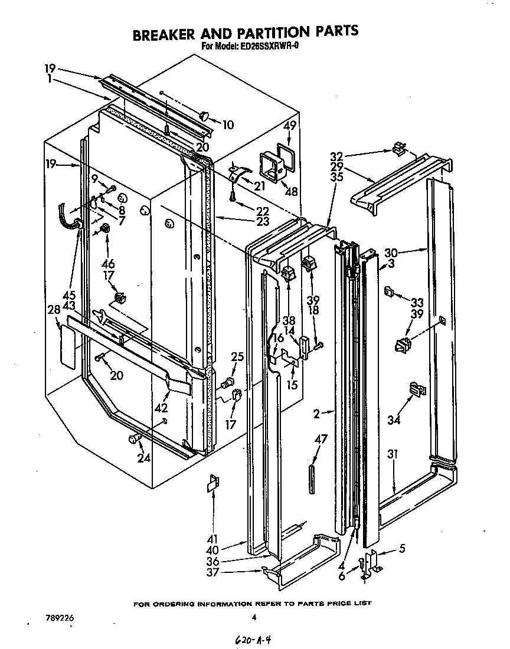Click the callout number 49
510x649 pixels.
[289, 125]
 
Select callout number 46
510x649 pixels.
[107, 264]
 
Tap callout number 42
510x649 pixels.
[161, 408]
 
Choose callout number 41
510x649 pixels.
[212, 538]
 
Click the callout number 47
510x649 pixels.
[320, 439]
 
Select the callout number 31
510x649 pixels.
[393, 455]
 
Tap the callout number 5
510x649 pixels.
[401, 548]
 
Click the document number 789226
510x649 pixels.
[60, 618]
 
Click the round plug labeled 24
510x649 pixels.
[132, 438]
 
